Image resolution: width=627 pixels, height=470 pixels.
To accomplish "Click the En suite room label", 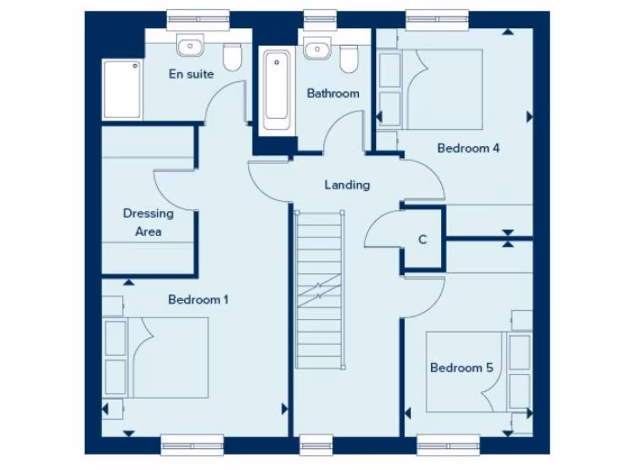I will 191,74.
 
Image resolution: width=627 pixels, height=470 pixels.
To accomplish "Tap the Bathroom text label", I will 332,94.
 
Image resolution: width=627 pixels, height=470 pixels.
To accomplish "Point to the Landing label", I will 347,184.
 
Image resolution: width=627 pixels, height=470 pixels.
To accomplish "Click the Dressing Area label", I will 148,222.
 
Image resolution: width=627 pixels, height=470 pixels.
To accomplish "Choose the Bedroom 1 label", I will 198,300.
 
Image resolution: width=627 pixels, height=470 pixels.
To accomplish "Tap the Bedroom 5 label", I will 461,368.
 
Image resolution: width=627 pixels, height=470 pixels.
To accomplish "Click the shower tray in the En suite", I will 122,89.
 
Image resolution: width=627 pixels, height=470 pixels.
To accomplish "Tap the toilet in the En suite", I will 232,57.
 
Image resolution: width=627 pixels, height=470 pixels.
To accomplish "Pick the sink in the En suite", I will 190,45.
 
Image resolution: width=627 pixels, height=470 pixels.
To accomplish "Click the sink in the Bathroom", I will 317,48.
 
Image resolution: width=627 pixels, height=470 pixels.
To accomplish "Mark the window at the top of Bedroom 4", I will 438,20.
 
